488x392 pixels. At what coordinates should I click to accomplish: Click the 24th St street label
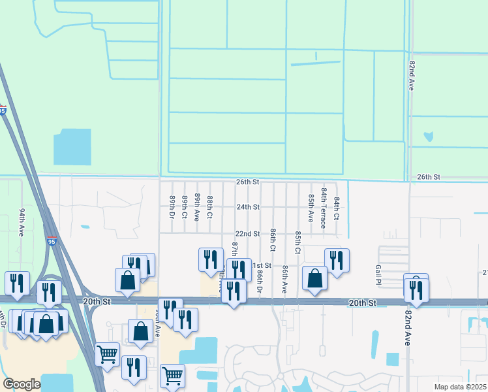coord(248,207)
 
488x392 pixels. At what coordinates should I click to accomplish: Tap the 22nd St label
coord(248,234)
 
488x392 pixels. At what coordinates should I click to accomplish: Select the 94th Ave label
coord(22,223)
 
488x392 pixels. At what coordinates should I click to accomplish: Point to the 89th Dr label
coord(172,206)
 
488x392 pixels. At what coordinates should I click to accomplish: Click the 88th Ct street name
coord(210,206)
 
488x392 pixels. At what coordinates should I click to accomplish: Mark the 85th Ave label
coord(311,206)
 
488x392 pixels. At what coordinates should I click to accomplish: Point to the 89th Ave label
coord(196,206)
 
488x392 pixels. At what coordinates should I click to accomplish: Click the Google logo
coord(22,384)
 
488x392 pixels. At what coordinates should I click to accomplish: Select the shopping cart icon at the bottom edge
coord(172,375)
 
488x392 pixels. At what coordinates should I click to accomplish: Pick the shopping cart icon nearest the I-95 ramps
coord(107,354)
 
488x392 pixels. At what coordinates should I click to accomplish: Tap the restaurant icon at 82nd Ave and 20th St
coord(416,289)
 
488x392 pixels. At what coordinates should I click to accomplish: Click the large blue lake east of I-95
coord(72,147)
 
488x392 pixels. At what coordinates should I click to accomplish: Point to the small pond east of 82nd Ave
coord(428,137)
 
